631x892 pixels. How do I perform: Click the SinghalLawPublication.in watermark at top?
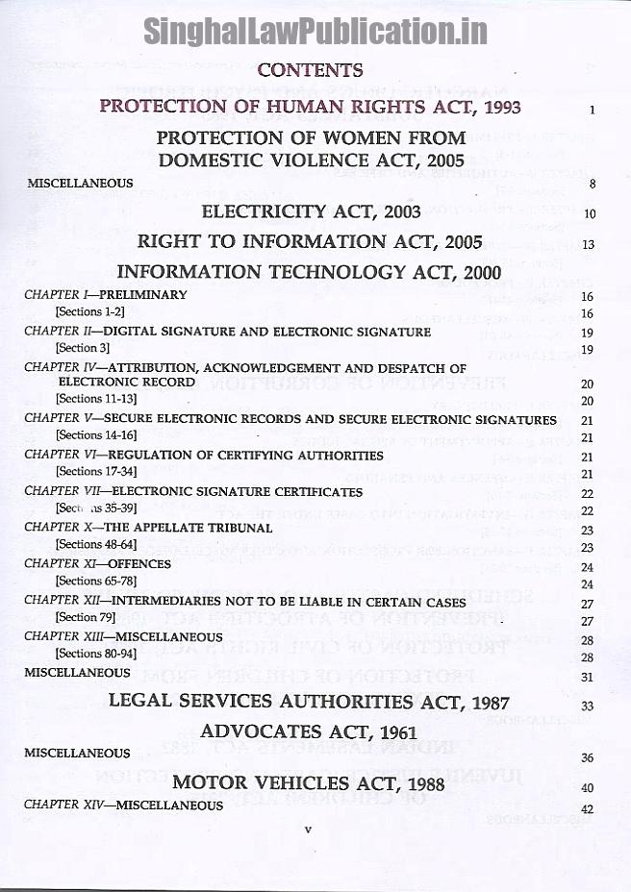[315, 32]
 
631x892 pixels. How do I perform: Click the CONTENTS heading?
[311, 70]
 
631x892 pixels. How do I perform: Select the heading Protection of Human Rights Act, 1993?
[311, 106]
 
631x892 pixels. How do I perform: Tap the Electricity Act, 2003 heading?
[311, 211]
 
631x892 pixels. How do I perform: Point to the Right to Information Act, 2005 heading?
[310, 241]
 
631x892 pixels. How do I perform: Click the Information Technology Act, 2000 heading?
[309, 272]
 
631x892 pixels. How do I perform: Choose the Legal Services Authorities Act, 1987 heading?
[310, 702]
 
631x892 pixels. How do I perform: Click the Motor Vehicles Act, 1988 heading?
[310, 782]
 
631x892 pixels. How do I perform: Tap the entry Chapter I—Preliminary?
[106, 295]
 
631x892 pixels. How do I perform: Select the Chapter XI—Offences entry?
[97, 563]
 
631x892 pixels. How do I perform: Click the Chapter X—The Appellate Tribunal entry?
[148, 527]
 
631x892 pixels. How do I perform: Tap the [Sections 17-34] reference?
[92, 471]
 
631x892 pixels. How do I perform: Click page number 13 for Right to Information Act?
[589, 244]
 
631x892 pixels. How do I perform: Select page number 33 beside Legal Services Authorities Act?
[589, 706]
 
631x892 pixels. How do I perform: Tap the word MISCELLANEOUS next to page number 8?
[79, 183]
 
